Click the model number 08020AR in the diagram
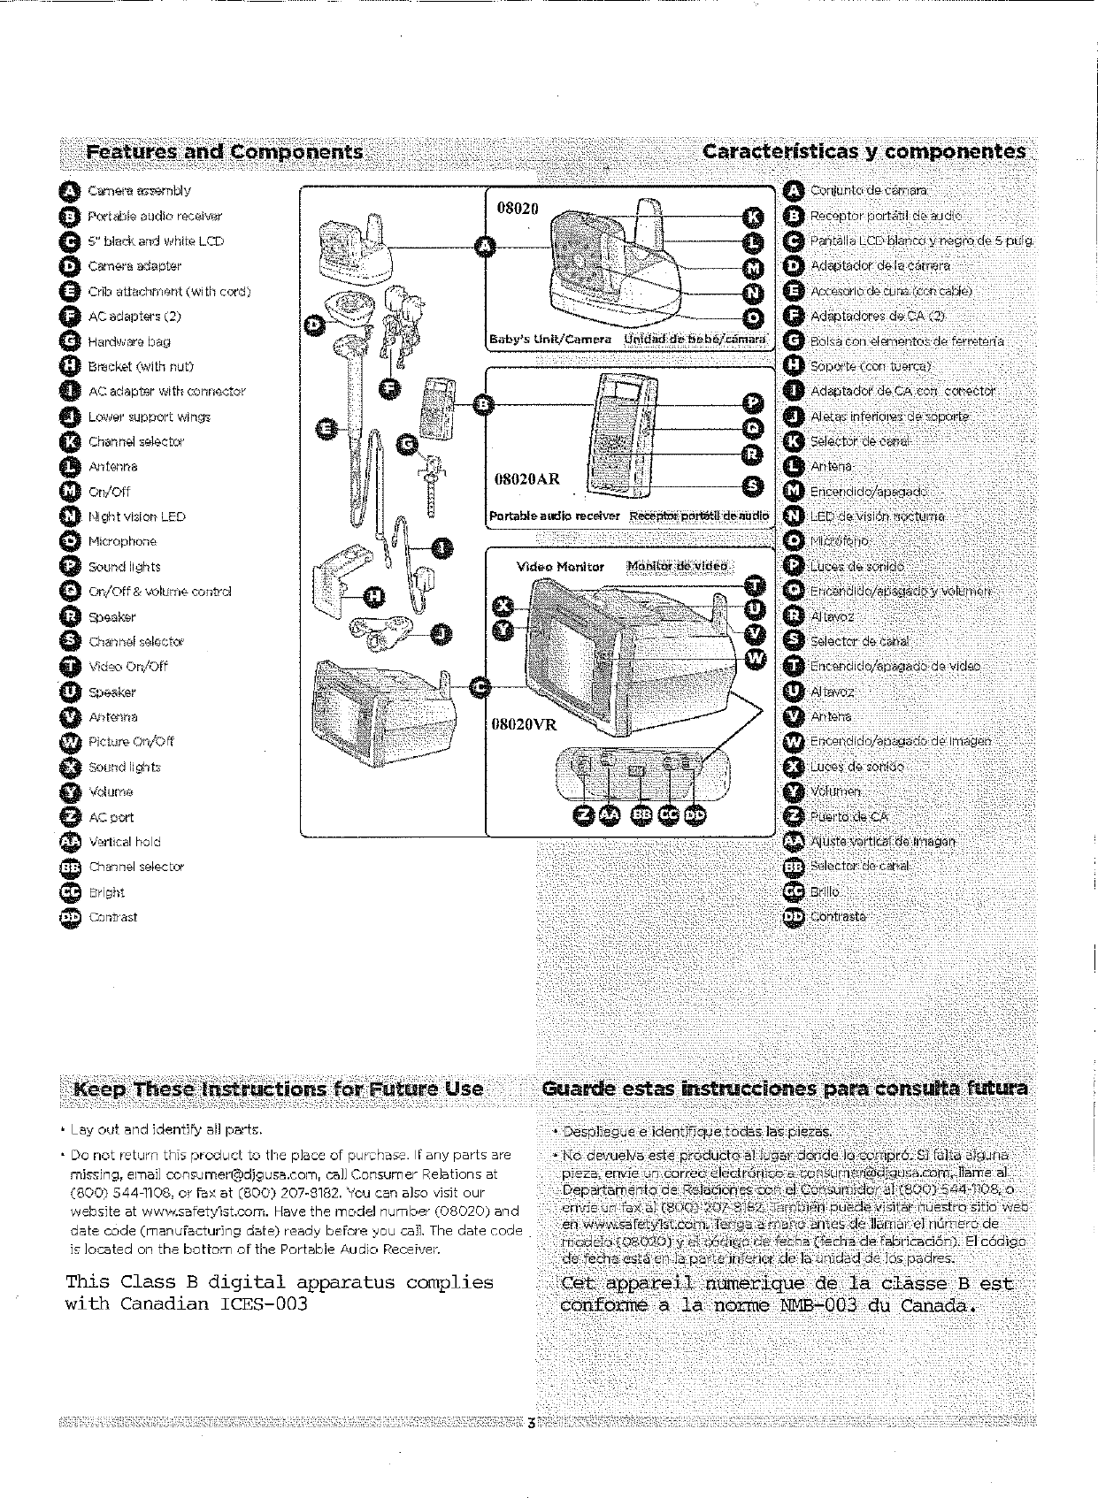click(x=527, y=479)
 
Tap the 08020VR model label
click(x=525, y=724)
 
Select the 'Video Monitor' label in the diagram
click(x=560, y=567)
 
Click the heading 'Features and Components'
click(x=225, y=152)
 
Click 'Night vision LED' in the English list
click(x=137, y=516)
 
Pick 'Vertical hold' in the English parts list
click(x=125, y=842)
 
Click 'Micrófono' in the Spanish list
click(x=841, y=540)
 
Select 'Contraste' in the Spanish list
click(x=838, y=916)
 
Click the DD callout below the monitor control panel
click(x=695, y=814)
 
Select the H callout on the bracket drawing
click(x=374, y=599)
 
